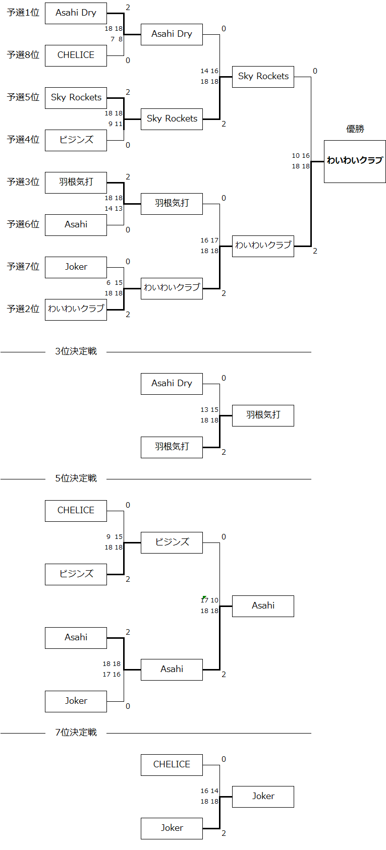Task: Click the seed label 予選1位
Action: (x=23, y=13)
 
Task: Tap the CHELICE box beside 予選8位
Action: (x=76, y=55)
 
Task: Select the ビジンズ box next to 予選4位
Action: (x=76, y=140)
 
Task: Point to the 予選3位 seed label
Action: (x=23, y=182)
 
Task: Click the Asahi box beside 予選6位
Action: (x=76, y=225)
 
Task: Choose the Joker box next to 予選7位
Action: (x=76, y=267)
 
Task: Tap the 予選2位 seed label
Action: (x=23, y=309)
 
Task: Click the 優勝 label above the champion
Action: (x=355, y=129)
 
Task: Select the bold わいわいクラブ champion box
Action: (x=355, y=161)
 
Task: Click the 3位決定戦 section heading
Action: (x=76, y=351)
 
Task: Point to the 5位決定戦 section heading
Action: (x=76, y=478)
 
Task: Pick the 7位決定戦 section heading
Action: (x=76, y=733)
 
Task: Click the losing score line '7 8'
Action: (x=116, y=39)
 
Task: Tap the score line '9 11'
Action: (x=115, y=124)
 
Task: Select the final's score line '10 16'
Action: (x=301, y=156)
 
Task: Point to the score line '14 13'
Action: (x=114, y=209)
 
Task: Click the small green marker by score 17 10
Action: (x=203, y=598)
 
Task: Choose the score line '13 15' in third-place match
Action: (x=209, y=410)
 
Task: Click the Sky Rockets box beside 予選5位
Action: (x=76, y=98)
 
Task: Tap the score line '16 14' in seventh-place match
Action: (x=209, y=791)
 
